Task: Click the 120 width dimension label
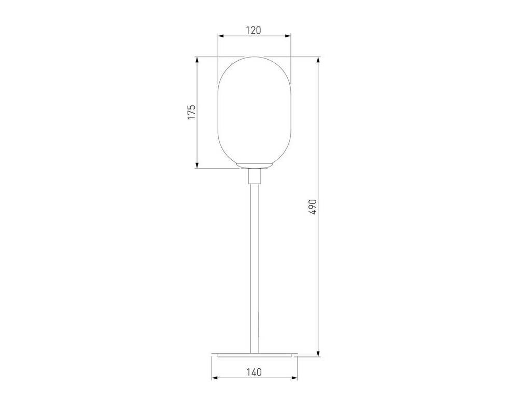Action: [253, 31]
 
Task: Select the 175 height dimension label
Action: [192, 112]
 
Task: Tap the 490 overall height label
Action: [313, 206]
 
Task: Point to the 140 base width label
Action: [255, 372]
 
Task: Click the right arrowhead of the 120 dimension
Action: [287, 36]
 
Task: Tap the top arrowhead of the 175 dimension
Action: [196, 61]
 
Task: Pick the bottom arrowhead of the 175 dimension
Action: [196, 164]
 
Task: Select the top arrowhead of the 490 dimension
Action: [318, 61]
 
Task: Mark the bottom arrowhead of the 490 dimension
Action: [318, 353]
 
